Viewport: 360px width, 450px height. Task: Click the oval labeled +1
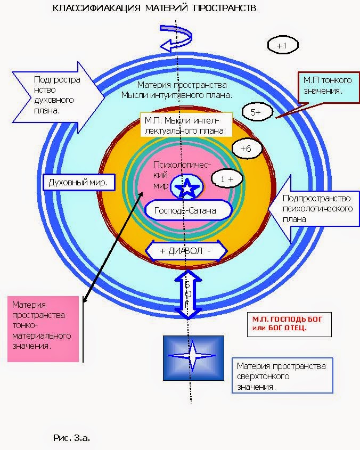(x=282, y=46)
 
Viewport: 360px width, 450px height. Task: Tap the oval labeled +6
(x=246, y=149)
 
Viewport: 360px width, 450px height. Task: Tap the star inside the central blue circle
(x=187, y=187)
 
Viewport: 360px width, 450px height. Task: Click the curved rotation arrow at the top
(x=179, y=41)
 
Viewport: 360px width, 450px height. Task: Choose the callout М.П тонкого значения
(x=326, y=86)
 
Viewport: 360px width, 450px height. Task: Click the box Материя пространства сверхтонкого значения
(x=281, y=376)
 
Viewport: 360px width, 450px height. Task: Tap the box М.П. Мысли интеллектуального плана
(x=186, y=125)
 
